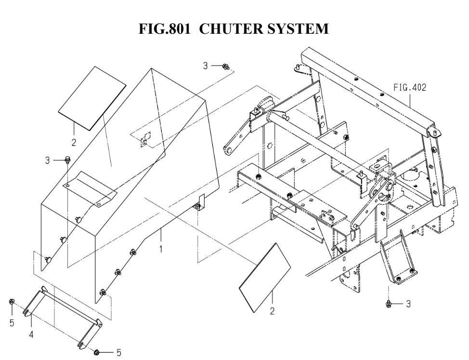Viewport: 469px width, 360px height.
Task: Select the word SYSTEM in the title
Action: (299, 28)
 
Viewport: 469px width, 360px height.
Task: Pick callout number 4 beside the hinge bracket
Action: (31, 334)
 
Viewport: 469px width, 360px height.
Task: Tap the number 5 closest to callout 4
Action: (12, 323)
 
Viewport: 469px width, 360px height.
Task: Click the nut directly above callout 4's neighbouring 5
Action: (11, 302)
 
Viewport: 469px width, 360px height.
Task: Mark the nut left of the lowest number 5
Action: (97, 352)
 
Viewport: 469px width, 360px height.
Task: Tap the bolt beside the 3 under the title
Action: (225, 67)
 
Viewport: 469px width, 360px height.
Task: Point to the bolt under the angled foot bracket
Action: (389, 304)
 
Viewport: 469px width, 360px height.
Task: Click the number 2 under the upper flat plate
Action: (74, 142)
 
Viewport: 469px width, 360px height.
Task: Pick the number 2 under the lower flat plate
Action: (272, 312)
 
